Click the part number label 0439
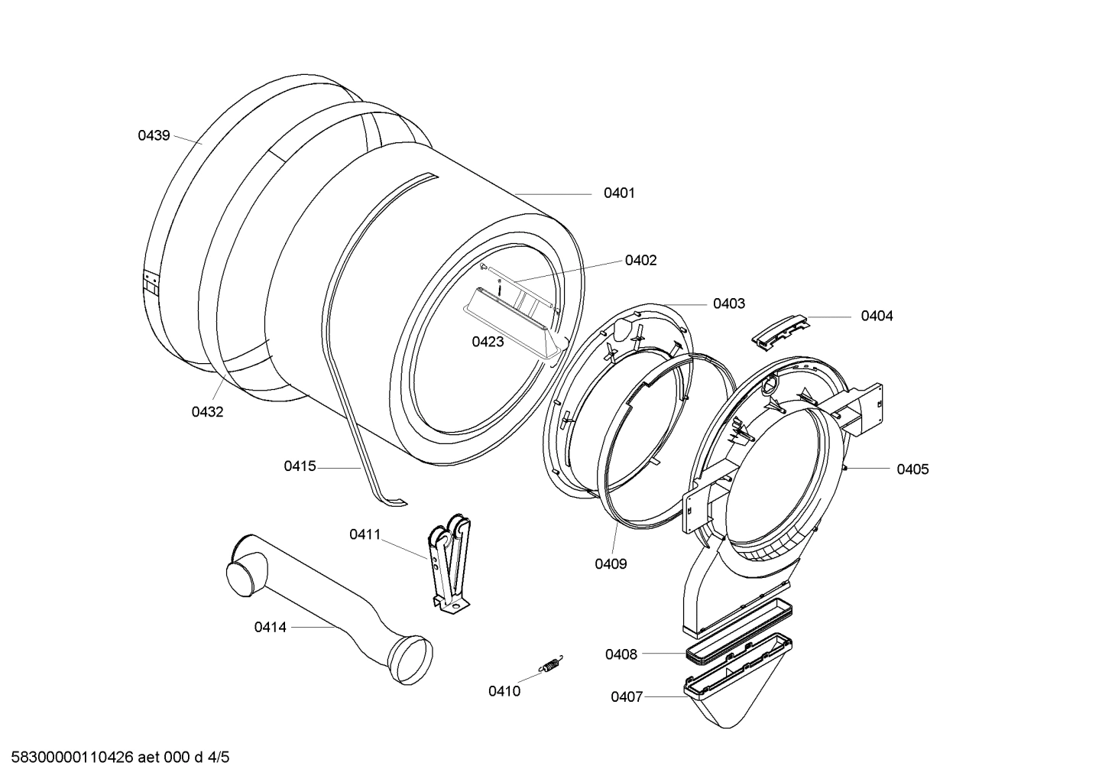(x=154, y=135)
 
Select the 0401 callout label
(x=619, y=193)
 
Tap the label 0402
(x=640, y=261)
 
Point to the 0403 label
(x=728, y=303)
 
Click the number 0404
(x=877, y=316)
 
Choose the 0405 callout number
(x=912, y=469)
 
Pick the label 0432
(x=207, y=412)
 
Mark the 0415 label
(x=300, y=466)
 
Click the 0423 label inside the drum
(x=488, y=342)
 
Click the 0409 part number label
(x=611, y=564)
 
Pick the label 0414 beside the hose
(x=270, y=627)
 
